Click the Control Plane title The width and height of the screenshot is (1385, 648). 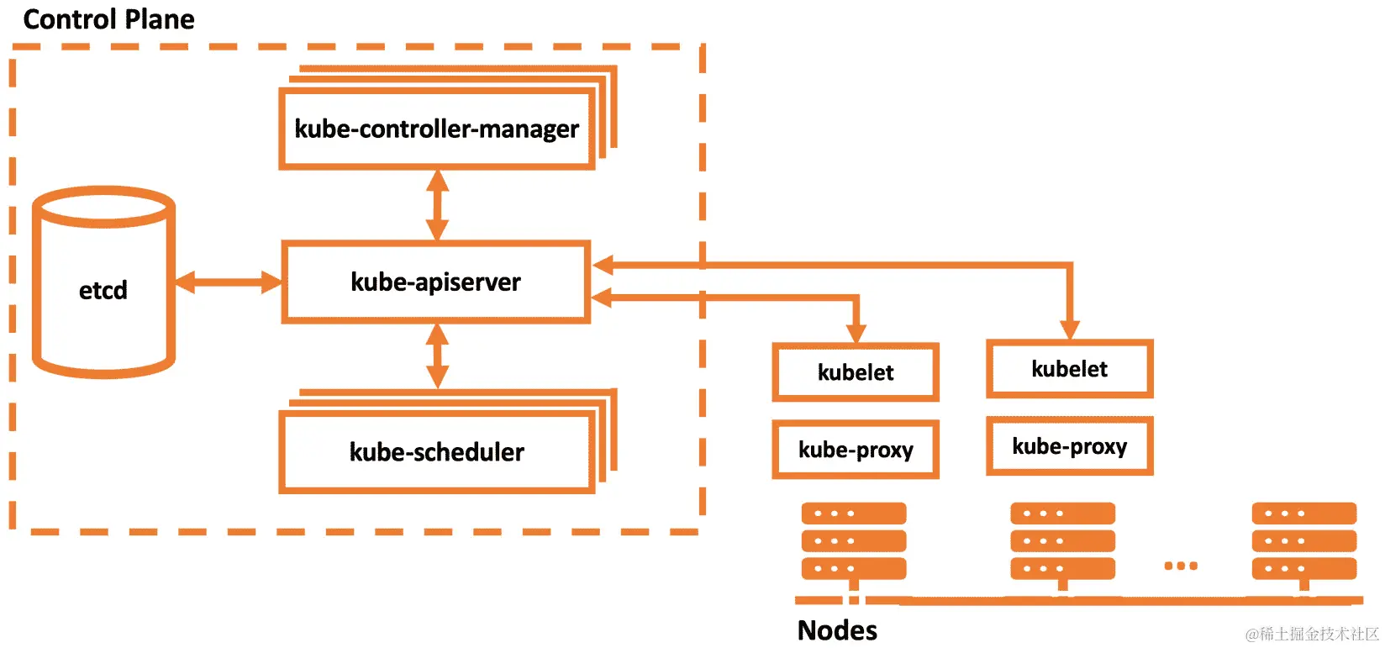coord(108,18)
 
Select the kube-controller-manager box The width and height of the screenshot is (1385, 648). coord(436,129)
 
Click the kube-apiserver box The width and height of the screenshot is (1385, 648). coord(435,282)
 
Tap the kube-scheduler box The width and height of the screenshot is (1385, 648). coord(436,452)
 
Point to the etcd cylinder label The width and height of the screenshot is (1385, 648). coord(103,290)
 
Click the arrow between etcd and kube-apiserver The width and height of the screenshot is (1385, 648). coord(228,282)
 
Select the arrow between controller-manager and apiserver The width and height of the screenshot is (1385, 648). coord(436,205)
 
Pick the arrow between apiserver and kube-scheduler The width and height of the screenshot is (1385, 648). coord(436,356)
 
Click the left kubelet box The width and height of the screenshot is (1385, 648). coord(855,371)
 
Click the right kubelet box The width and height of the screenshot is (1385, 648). coord(1069,368)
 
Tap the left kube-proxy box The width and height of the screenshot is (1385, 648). coord(855,450)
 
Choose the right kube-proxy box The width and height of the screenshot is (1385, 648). coord(1069,446)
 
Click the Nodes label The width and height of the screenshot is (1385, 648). coord(837,630)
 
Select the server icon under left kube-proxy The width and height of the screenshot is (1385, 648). coord(854,541)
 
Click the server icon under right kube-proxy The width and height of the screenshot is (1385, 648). coord(1062,541)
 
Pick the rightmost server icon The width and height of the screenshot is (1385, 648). coord(1303,541)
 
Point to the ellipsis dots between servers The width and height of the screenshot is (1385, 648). coord(1181,566)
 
